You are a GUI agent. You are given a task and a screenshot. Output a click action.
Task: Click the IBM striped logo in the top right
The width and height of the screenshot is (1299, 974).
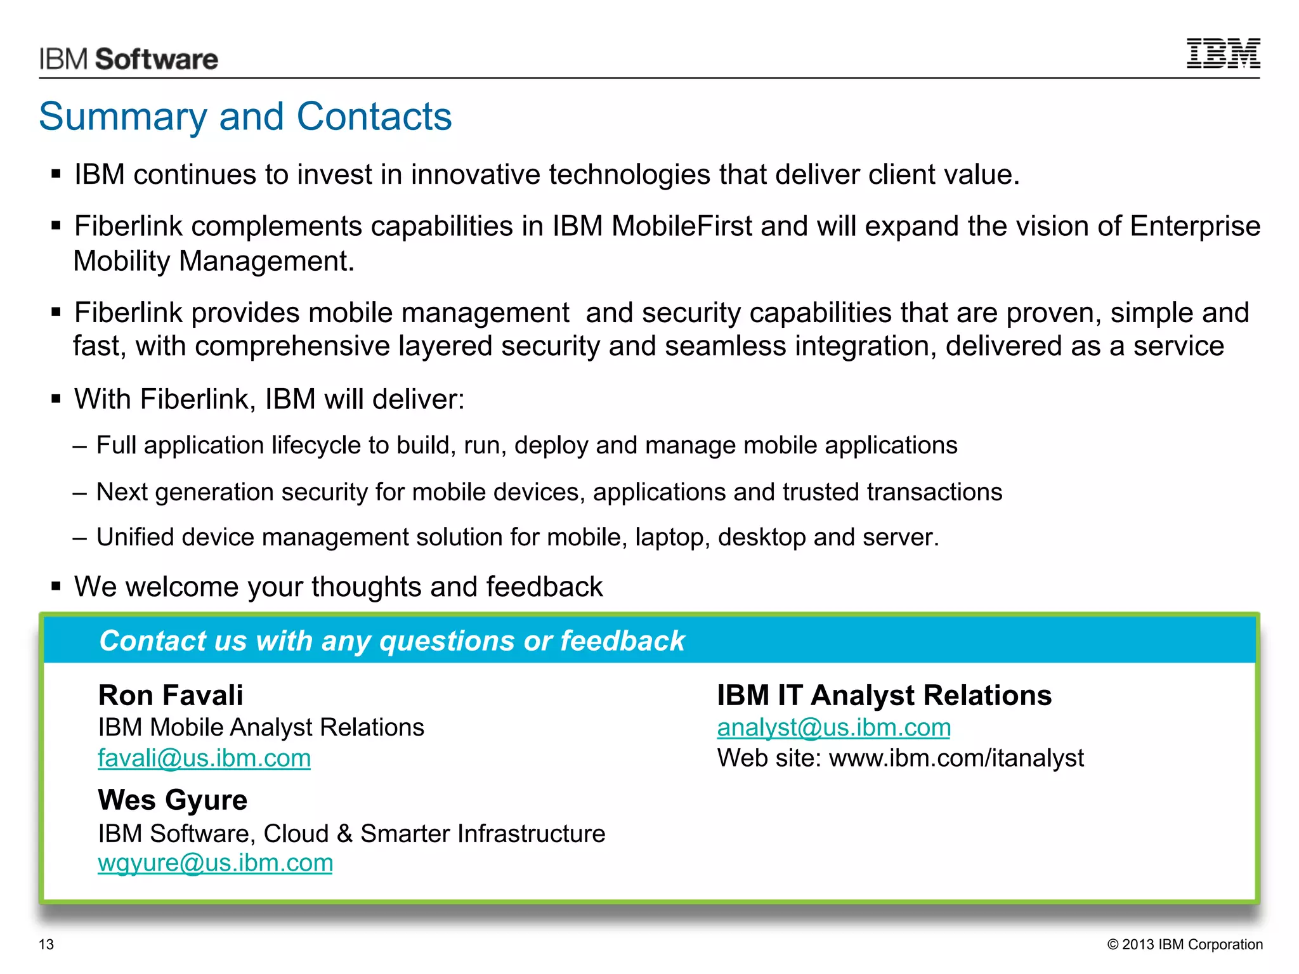point(1223,53)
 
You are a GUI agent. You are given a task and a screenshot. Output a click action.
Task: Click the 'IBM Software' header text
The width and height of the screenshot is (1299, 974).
point(129,59)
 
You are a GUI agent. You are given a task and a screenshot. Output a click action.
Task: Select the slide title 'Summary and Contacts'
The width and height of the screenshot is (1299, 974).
point(245,117)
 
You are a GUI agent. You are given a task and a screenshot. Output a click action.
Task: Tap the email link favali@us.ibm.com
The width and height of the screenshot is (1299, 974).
point(204,758)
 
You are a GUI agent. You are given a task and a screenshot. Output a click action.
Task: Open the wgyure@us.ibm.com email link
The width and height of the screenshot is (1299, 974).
point(215,863)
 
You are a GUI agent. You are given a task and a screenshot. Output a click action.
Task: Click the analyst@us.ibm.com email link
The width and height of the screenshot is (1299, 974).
point(833,727)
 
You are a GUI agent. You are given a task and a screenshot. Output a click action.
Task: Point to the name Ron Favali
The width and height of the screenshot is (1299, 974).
point(171,696)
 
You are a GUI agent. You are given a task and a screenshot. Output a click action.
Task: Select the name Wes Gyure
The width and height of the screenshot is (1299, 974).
point(173,800)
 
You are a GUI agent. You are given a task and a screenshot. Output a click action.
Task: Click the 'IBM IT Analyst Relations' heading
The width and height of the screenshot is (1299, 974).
point(884,696)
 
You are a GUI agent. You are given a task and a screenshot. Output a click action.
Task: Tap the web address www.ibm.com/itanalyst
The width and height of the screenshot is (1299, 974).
point(956,758)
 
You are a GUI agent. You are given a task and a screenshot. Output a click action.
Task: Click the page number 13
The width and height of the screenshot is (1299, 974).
point(46,944)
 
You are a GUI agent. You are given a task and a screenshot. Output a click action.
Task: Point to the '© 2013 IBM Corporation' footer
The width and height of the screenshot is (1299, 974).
point(1185,944)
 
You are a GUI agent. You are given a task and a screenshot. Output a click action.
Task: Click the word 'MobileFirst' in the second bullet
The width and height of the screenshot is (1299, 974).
point(682,226)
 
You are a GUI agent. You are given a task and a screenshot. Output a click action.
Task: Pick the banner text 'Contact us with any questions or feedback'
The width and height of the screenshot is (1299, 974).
point(392,640)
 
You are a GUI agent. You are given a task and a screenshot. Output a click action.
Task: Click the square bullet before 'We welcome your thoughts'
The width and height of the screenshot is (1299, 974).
point(56,587)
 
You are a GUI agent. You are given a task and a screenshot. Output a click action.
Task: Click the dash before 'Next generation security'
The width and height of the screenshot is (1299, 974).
point(80,493)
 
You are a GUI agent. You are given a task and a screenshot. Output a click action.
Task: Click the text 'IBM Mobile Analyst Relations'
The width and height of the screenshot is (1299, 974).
point(261,727)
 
